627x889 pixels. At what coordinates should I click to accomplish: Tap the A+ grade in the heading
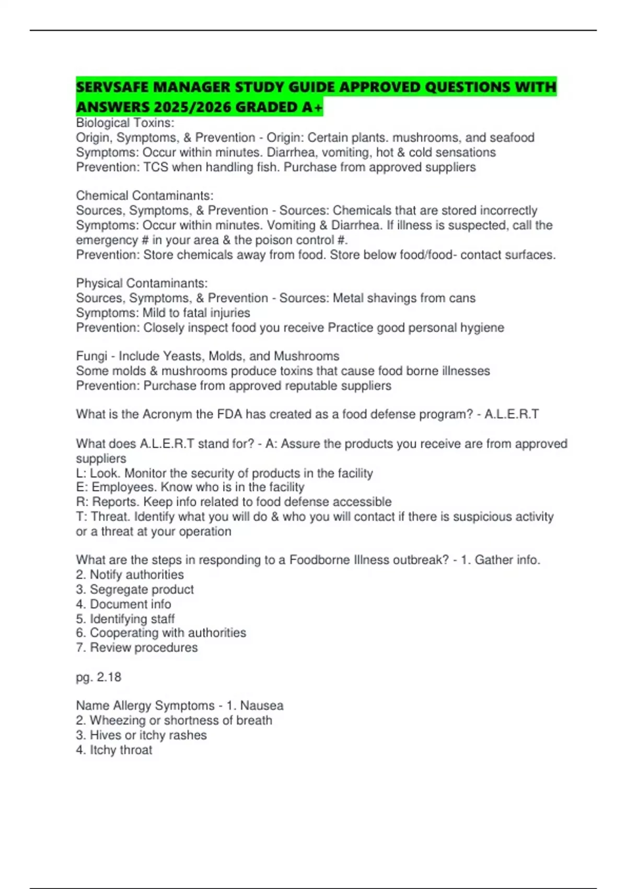(x=312, y=107)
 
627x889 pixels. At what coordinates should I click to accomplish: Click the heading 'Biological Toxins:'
(x=125, y=123)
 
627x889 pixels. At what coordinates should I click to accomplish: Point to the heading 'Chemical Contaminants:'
(x=145, y=196)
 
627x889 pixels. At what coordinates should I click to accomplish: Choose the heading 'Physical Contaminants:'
(x=142, y=283)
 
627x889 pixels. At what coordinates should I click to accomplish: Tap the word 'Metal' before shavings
(x=349, y=298)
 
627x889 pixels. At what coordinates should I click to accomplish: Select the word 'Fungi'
(x=91, y=356)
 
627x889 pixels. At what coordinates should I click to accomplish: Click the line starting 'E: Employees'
(x=190, y=487)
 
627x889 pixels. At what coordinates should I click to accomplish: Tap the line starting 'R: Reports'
(x=234, y=502)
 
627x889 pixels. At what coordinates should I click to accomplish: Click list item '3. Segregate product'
(x=135, y=589)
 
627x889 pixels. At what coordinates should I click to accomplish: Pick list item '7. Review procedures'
(x=137, y=647)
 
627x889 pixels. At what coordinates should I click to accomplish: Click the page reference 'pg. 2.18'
(x=99, y=677)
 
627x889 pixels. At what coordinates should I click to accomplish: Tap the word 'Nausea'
(x=262, y=705)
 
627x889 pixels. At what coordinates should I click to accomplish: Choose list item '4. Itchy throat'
(x=114, y=750)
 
